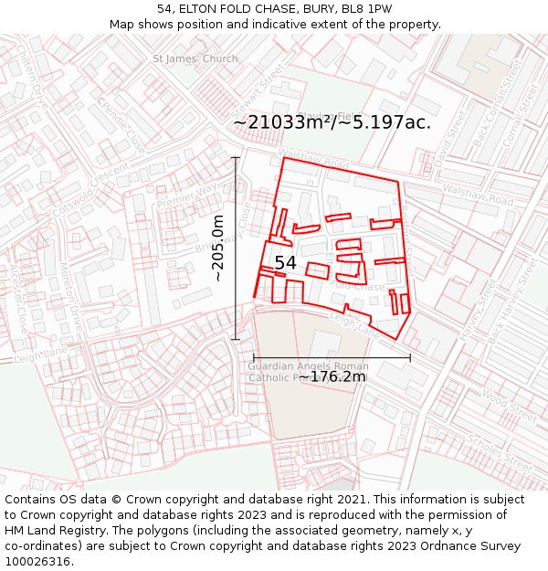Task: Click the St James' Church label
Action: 195,59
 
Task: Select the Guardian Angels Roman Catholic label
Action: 308,372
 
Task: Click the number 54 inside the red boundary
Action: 285,263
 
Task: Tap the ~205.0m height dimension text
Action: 218,248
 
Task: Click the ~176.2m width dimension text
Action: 332,376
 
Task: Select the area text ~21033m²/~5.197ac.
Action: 332,122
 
